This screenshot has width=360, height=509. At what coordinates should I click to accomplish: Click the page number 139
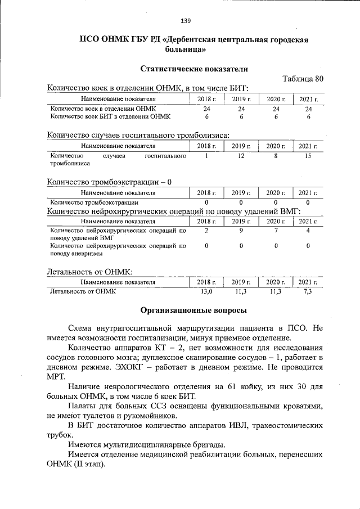(186, 21)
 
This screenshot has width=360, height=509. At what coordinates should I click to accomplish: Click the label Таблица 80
(303, 79)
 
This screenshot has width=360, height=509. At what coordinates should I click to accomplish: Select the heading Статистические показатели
(193, 68)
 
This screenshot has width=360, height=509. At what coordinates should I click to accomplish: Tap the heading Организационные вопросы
(193, 309)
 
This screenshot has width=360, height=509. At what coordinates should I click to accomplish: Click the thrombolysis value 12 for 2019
(241, 156)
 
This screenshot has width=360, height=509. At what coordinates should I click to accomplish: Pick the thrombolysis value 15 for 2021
(308, 156)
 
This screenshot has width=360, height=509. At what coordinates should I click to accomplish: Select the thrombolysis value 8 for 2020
(276, 156)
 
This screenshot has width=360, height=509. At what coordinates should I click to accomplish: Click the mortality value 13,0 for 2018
(207, 291)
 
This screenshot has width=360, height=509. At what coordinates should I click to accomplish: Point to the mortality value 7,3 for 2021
(308, 291)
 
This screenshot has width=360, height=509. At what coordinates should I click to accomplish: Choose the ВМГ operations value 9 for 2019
(241, 231)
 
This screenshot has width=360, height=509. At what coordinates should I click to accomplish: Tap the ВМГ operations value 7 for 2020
(276, 231)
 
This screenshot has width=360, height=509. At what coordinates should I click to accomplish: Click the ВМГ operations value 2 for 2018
(207, 231)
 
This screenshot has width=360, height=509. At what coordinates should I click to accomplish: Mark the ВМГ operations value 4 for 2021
(308, 231)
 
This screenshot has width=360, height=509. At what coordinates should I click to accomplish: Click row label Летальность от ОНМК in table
(82, 291)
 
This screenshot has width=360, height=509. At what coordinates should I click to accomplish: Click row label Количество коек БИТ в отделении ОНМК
(110, 116)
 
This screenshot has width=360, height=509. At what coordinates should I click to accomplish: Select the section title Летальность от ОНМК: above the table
(89, 271)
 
